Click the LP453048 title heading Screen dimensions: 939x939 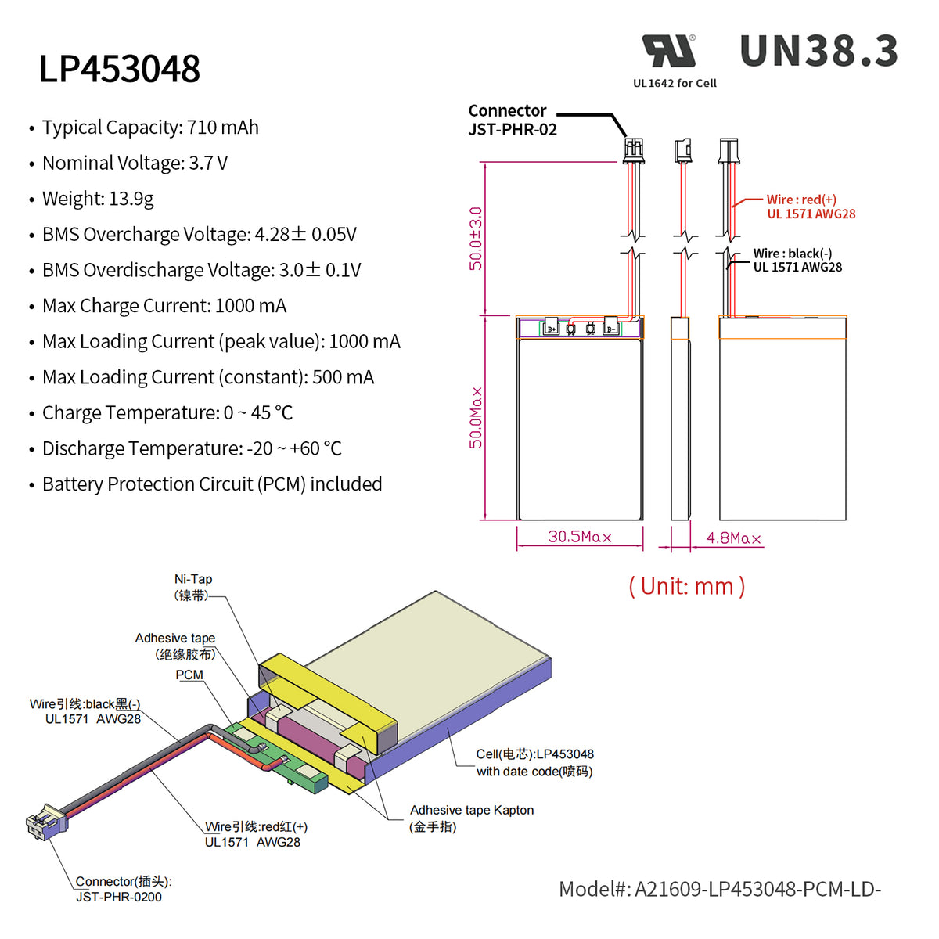click(120, 69)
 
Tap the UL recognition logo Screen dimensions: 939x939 click(669, 51)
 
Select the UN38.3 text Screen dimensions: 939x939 click(818, 52)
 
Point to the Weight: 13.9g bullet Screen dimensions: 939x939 click(98, 199)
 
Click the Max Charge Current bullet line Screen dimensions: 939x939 click(164, 306)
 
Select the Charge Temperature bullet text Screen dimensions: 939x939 click(167, 413)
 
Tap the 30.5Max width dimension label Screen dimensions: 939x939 click(579, 537)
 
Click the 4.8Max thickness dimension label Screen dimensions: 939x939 click(733, 538)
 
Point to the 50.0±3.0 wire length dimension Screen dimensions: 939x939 click(476, 239)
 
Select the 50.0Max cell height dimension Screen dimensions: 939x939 click(476, 418)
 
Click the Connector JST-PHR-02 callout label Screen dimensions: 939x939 click(512, 121)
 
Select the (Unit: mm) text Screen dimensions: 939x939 click(686, 586)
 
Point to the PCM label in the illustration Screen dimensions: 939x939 click(189, 675)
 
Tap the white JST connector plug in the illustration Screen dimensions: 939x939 click(45, 822)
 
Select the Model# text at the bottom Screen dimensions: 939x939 click(719, 890)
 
